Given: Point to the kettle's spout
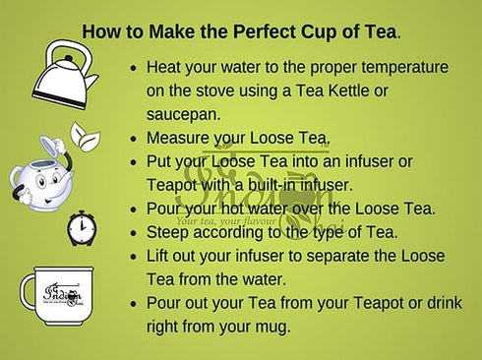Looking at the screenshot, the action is tap(91, 80).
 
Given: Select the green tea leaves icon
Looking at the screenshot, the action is tap(86, 137).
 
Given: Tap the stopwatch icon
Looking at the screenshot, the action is tap(82, 228).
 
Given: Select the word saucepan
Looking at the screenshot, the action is tap(183, 114).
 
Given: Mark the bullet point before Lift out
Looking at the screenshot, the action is tap(133, 257).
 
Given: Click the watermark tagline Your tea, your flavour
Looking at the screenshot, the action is tap(226, 220).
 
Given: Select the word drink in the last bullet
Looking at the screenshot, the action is tap(445, 303).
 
